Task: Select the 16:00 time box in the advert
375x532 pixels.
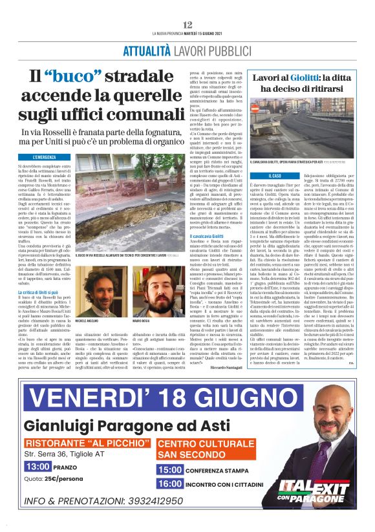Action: [170, 483]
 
